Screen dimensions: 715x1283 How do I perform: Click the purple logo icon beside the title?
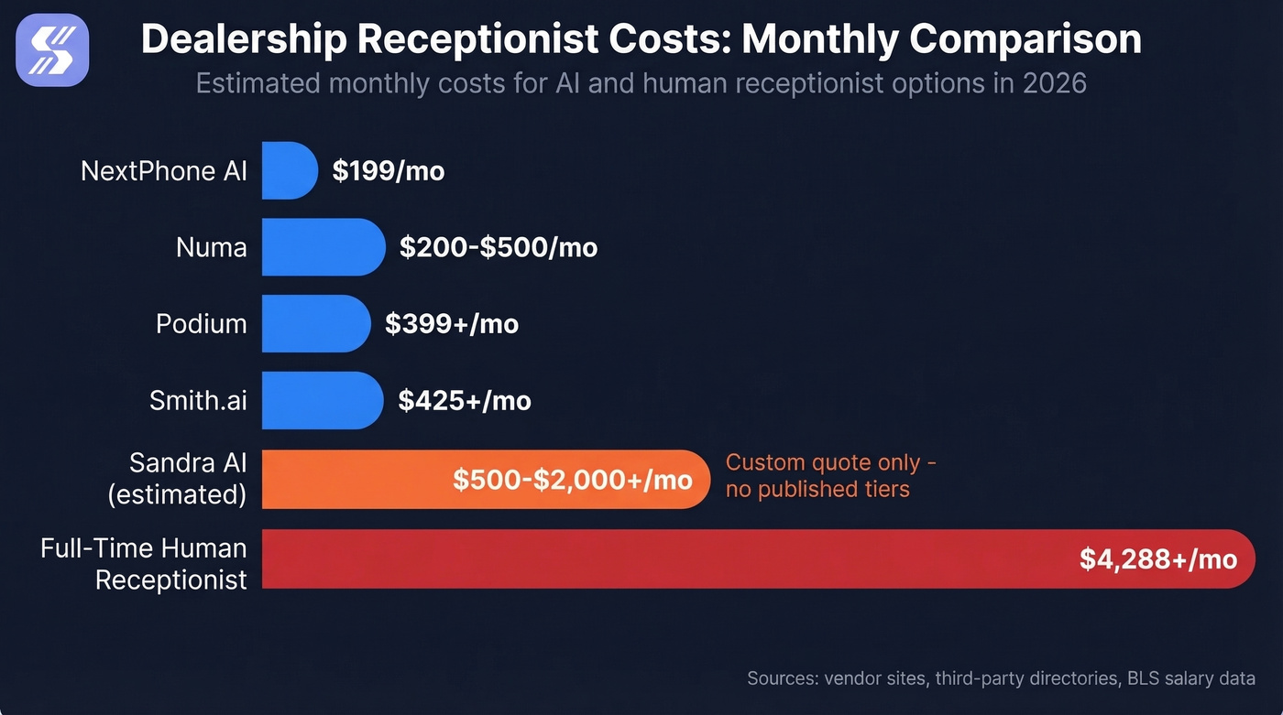[x=59, y=49]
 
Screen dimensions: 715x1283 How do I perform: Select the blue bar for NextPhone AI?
[x=288, y=170]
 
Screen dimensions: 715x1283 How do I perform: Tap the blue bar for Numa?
[x=322, y=247]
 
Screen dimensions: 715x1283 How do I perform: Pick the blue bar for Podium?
[x=314, y=324]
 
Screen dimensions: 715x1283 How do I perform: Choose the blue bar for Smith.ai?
[x=321, y=400]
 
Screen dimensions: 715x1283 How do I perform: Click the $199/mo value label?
[x=388, y=171]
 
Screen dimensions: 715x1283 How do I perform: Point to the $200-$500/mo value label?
[x=498, y=247]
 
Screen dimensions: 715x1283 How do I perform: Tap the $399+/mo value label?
[x=451, y=324]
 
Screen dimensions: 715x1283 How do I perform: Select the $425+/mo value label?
[x=464, y=401]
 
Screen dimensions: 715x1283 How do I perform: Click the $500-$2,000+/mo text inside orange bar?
[x=572, y=480]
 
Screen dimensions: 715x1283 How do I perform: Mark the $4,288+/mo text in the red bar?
[x=1157, y=559]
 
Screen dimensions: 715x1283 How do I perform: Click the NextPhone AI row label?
[x=164, y=171]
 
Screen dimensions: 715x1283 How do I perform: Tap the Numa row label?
[x=211, y=247]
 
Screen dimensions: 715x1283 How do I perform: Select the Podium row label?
[x=201, y=324]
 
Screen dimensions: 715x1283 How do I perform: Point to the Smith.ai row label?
[x=198, y=401]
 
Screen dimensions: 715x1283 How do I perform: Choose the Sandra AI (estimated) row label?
[x=177, y=478]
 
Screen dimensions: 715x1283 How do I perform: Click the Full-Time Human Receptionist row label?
[x=144, y=564]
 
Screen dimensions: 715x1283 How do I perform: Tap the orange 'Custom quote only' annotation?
[x=830, y=476]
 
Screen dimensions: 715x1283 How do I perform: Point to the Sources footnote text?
[x=1000, y=678]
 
